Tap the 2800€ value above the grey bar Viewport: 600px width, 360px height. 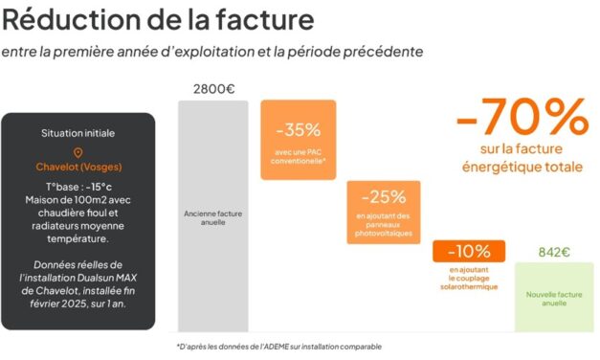click(213, 89)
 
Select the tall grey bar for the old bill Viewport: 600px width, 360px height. click(213, 214)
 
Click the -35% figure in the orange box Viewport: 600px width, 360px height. click(298, 129)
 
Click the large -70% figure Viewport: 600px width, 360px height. click(522, 118)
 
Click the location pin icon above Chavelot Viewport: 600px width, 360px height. click(78, 152)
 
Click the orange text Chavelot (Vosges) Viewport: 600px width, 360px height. click(78, 167)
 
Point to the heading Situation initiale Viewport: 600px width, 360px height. click(78, 132)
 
